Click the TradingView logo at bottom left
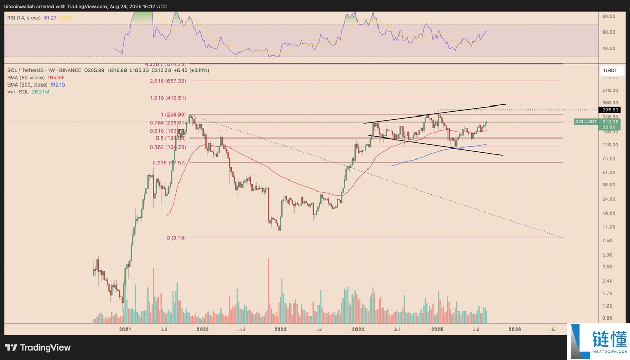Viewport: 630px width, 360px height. [x=38, y=347]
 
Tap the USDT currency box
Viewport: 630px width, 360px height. [x=610, y=70]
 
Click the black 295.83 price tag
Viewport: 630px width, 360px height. [x=609, y=110]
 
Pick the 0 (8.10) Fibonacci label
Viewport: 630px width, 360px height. [x=176, y=238]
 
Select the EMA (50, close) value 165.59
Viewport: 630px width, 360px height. [x=55, y=78]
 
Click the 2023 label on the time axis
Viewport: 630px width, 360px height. [x=280, y=330]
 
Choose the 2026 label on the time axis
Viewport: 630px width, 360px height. [x=515, y=330]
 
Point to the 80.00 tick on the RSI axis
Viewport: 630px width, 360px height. [x=608, y=16]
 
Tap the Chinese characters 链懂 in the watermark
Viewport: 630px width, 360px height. [x=609, y=338]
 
